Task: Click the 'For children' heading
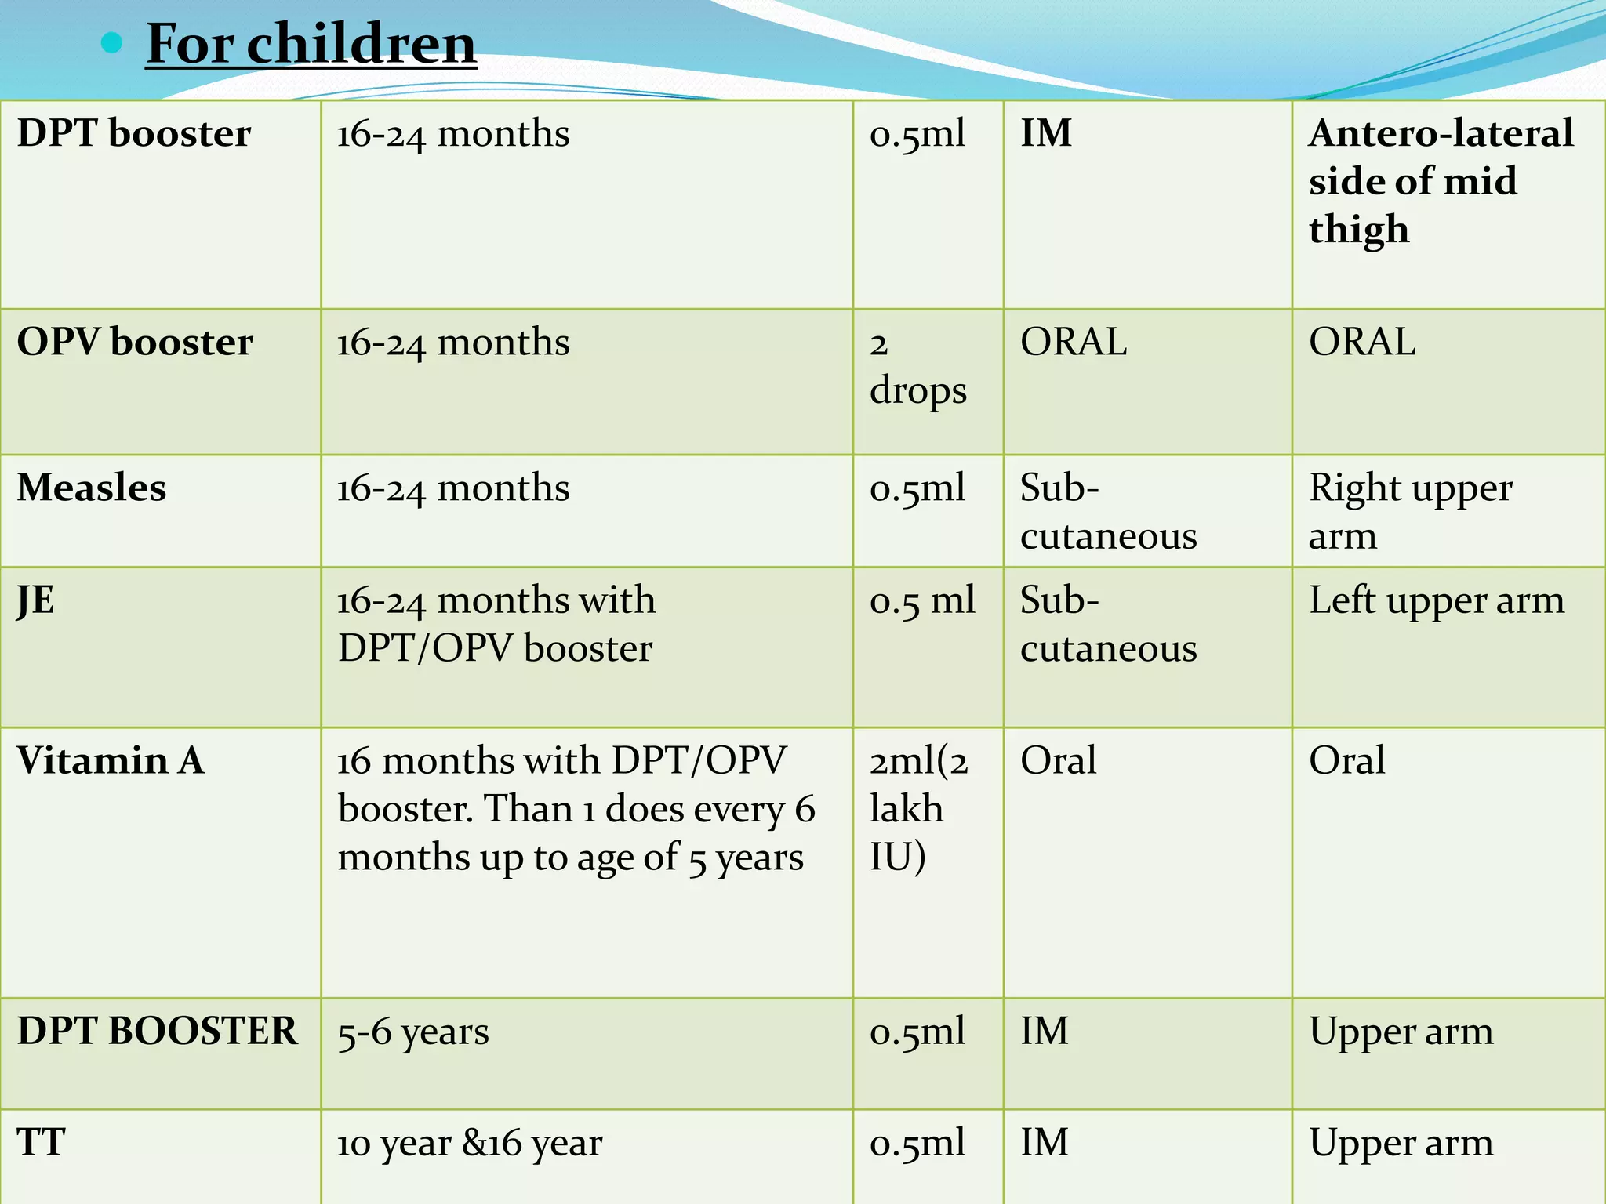tap(311, 44)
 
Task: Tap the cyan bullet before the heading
tap(112, 42)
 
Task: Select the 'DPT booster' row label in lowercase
tap(134, 132)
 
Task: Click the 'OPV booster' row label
tap(135, 342)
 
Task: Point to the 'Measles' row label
tap(92, 488)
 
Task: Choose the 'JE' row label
tap(36, 600)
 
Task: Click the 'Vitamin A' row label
tap(111, 760)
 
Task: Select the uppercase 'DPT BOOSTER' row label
tap(158, 1031)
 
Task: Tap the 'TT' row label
tap(42, 1142)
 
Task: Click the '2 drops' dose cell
tap(917, 367)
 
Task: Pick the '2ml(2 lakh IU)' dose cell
tap(918, 808)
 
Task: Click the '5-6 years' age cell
tap(413, 1032)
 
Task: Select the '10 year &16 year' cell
tap(470, 1143)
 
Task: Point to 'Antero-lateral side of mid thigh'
tap(1440, 181)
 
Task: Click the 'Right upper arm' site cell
tap(1410, 511)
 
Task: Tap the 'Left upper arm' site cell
tap(1436, 600)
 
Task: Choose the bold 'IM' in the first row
tap(1046, 132)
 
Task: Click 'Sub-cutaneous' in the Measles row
tap(1108, 511)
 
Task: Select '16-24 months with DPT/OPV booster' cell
tap(496, 624)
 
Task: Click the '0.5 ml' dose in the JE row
tap(922, 600)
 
